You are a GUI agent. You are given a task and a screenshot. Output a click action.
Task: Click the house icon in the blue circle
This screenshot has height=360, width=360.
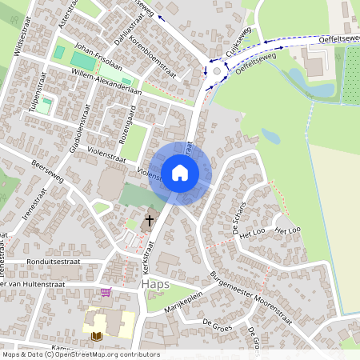[x=180, y=172]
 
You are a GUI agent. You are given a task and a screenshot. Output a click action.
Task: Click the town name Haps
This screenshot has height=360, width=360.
[x=156, y=284]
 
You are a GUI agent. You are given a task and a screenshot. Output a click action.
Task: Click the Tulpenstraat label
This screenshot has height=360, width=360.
[x=35, y=93]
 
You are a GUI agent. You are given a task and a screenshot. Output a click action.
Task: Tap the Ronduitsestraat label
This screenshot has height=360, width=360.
[x=53, y=260]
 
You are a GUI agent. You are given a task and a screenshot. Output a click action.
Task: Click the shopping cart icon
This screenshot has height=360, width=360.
[x=106, y=292]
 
